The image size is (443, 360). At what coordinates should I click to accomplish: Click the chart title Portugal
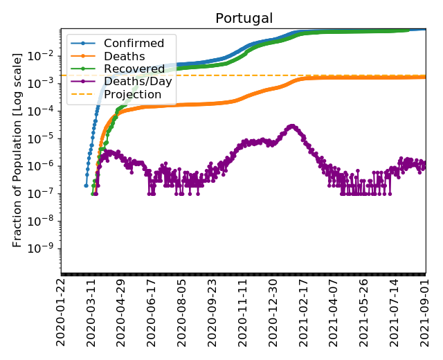click(244, 18)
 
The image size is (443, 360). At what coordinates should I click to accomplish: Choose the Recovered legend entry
click(134, 69)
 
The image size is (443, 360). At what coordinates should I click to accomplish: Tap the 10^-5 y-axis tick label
click(44, 138)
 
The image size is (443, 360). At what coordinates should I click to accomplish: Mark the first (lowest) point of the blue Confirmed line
click(86, 185)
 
